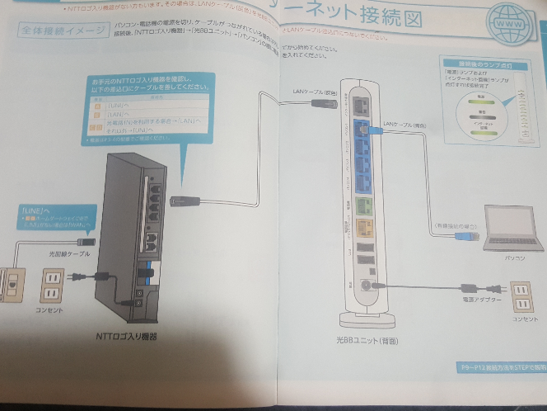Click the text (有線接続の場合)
coord(454,224)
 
